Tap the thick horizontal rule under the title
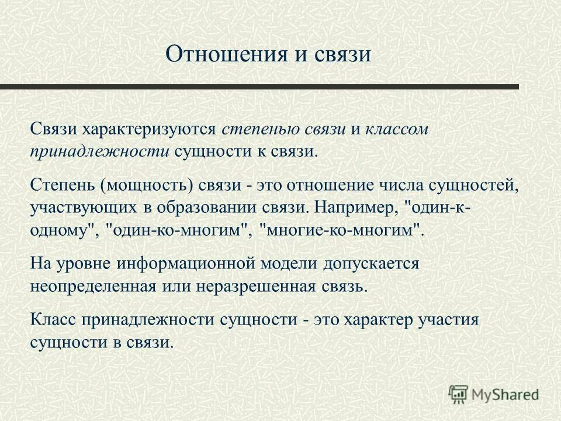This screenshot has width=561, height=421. point(259,87)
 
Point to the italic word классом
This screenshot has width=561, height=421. point(397,130)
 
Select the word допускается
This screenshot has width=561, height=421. point(370,264)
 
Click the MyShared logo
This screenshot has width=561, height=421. point(494,394)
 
